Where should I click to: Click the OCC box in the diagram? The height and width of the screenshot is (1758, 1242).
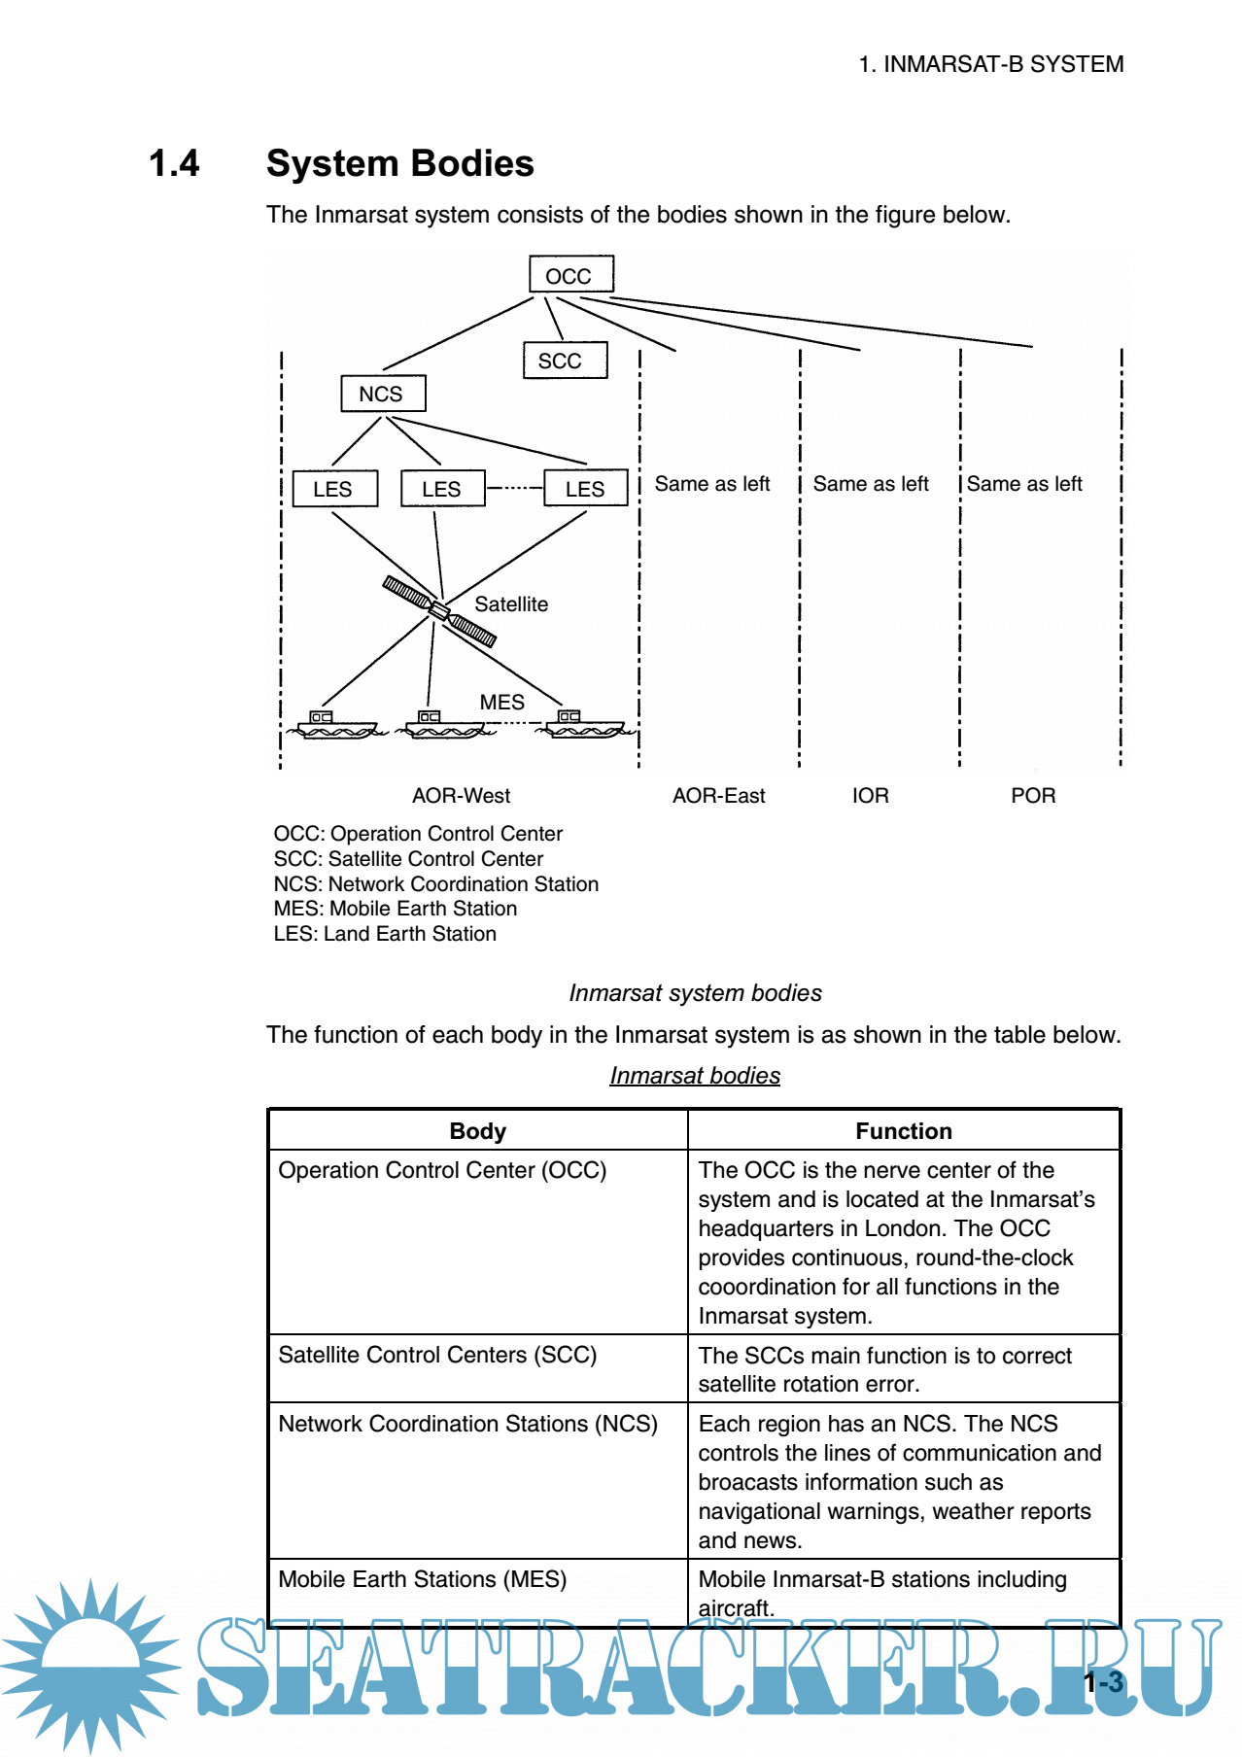click(x=570, y=275)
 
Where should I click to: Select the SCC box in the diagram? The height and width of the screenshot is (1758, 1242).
click(x=565, y=361)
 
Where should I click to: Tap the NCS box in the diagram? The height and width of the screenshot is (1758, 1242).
click(x=383, y=394)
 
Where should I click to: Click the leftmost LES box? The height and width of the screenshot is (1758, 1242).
click(x=334, y=489)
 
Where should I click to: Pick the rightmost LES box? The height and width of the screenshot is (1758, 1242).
click(x=585, y=489)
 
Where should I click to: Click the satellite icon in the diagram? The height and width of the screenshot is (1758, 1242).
click(x=439, y=610)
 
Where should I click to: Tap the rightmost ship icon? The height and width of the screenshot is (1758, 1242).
click(x=583, y=725)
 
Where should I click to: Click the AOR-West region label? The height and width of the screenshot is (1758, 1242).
click(x=461, y=796)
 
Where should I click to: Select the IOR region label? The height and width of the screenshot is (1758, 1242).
click(x=870, y=796)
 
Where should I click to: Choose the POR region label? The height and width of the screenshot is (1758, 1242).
click(x=1032, y=796)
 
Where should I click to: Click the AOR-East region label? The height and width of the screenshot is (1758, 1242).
click(x=718, y=796)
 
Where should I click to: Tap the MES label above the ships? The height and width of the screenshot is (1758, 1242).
click(x=501, y=702)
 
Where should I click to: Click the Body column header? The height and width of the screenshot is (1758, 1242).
click(x=477, y=1131)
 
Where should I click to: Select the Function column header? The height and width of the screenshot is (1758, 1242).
click(x=903, y=1131)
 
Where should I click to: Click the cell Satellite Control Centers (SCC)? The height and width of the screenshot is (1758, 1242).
click(x=437, y=1355)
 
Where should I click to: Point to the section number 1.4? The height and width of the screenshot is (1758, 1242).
click(x=174, y=163)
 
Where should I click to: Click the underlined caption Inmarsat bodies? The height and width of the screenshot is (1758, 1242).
click(x=695, y=1076)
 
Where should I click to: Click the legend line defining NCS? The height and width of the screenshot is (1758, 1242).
click(x=435, y=884)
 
